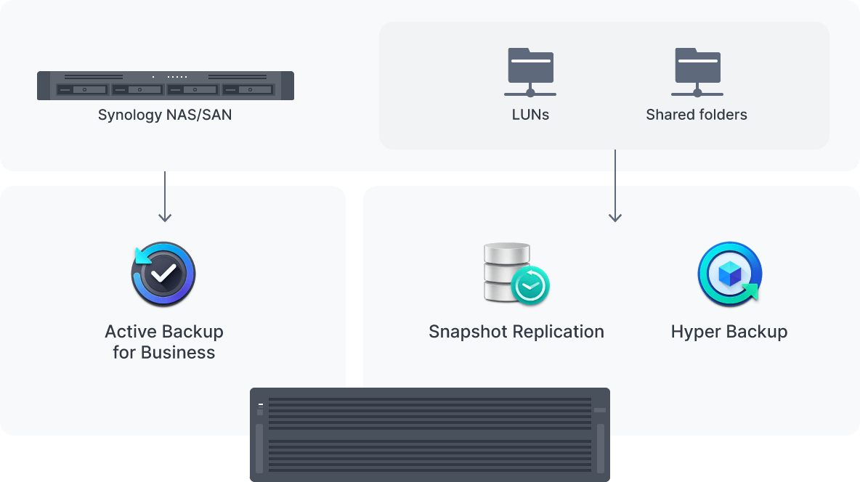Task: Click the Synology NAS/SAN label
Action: (165, 115)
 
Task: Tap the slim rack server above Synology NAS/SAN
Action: (166, 86)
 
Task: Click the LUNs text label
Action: (530, 115)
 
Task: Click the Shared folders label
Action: (697, 115)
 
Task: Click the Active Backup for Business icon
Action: (163, 274)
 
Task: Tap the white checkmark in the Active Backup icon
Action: (164, 274)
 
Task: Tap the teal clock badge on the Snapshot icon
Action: (530, 286)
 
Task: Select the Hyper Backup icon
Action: (729, 274)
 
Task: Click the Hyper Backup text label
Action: (729, 332)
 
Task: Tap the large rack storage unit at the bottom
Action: (430, 435)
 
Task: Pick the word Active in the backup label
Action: (131, 332)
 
